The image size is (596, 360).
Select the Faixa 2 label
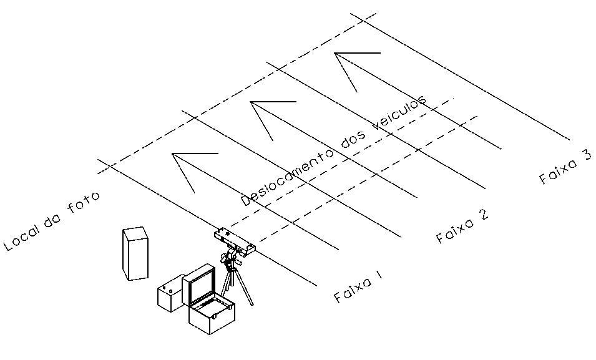coord(462,226)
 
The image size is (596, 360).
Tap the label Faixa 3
coord(565,167)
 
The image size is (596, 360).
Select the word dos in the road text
coord(353,140)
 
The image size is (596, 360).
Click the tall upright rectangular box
coord(135,253)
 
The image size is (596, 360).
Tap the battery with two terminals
coord(170,293)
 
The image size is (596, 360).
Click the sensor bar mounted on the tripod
coord(235,241)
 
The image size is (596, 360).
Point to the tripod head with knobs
coord(230,258)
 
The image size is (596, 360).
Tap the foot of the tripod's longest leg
coord(252,304)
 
